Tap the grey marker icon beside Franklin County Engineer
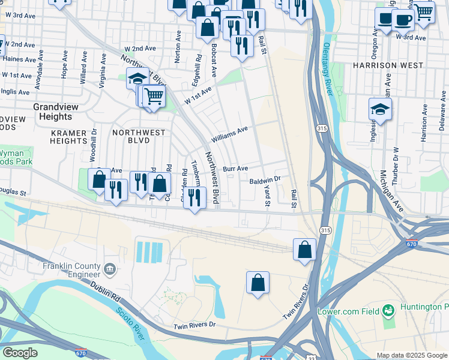pyautogui.click(x=110, y=269)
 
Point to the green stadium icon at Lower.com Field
pyautogui.click(x=389, y=310)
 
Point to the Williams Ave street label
pyautogui.click(x=229, y=133)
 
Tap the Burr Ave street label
pyautogui.click(x=235, y=169)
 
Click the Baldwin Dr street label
pyautogui.click(x=265, y=179)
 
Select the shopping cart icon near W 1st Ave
pyautogui.click(x=154, y=95)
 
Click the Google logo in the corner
pyautogui.click(x=20, y=353)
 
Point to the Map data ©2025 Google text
pyautogui.click(x=411, y=355)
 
